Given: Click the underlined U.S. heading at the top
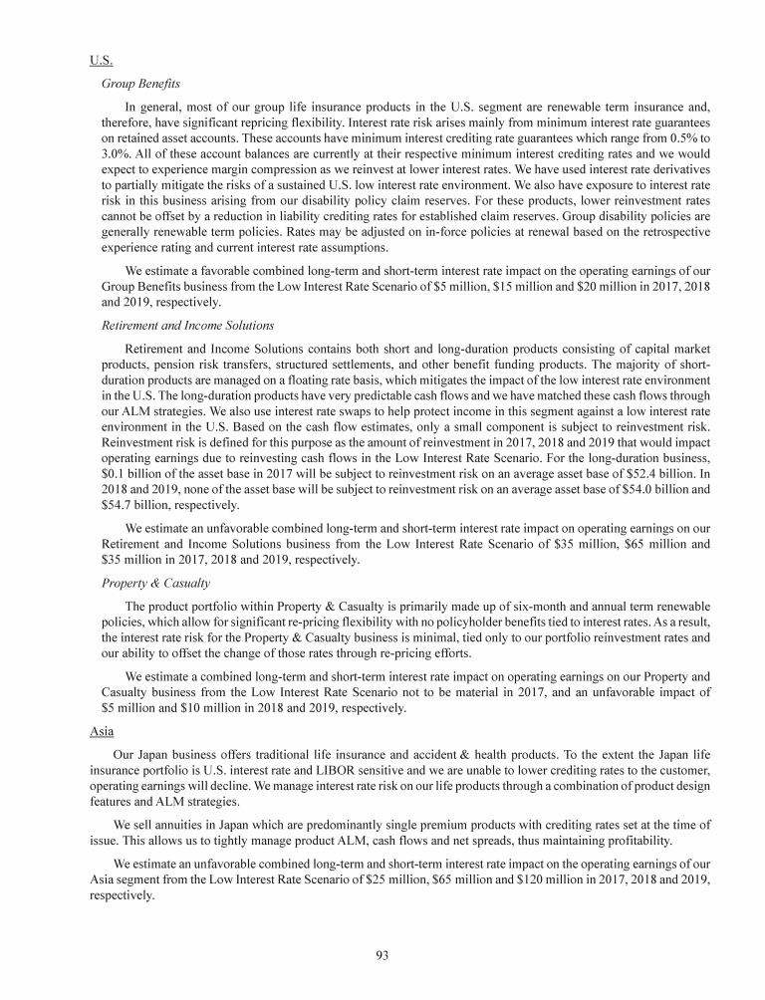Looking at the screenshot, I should click(100, 60).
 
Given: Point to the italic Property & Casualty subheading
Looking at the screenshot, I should click(154, 582).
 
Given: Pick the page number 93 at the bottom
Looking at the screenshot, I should click(382, 955).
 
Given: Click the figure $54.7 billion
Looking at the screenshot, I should click(130, 504).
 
